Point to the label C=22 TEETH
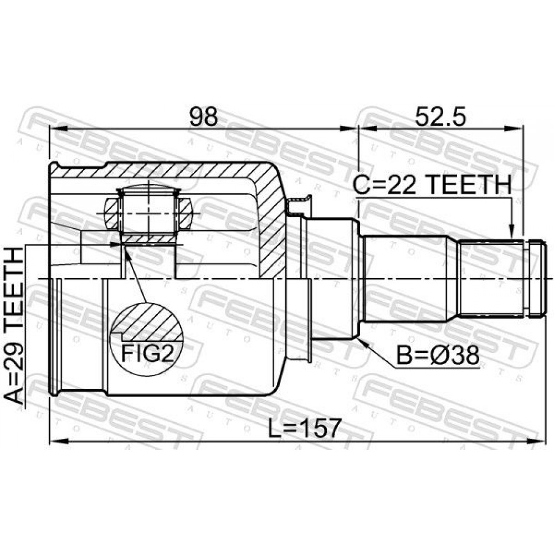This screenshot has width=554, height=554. pos(433,185)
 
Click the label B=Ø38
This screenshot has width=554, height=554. pos(438,355)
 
